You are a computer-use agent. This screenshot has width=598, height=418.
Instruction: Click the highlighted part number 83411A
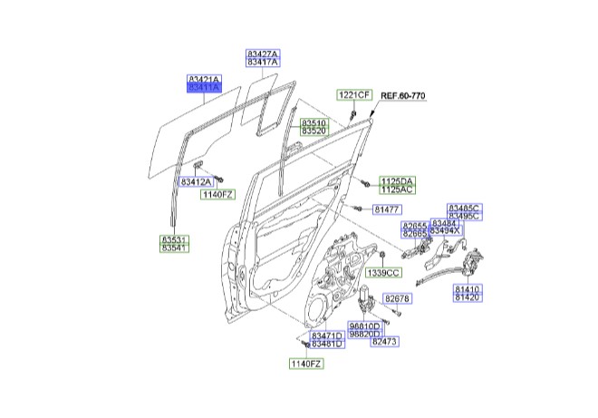pos(204,89)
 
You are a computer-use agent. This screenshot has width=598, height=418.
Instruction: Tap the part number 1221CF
pos(354,95)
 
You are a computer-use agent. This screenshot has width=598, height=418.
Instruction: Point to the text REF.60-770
pos(403,95)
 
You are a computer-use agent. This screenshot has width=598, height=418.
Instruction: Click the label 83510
pos(314,122)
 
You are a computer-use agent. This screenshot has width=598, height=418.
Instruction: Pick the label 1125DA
pos(396,182)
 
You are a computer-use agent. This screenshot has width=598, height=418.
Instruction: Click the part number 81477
pos(387,210)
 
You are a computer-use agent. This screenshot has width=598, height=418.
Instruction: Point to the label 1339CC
pos(382,273)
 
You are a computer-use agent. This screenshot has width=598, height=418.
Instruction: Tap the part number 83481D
pos(327,344)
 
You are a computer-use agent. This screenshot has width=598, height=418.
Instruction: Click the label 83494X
pos(446,231)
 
